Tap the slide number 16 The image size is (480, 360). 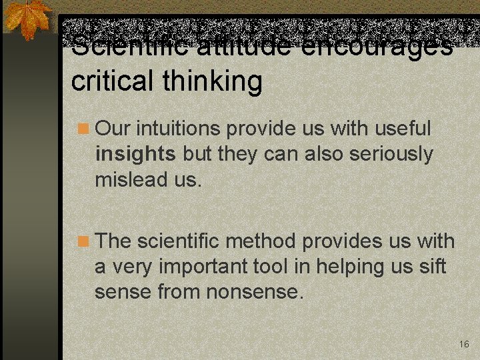pos(464,344)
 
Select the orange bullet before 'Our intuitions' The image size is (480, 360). pos(82,128)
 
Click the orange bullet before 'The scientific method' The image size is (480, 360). pos(82,241)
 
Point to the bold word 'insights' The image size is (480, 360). pos(135,154)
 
